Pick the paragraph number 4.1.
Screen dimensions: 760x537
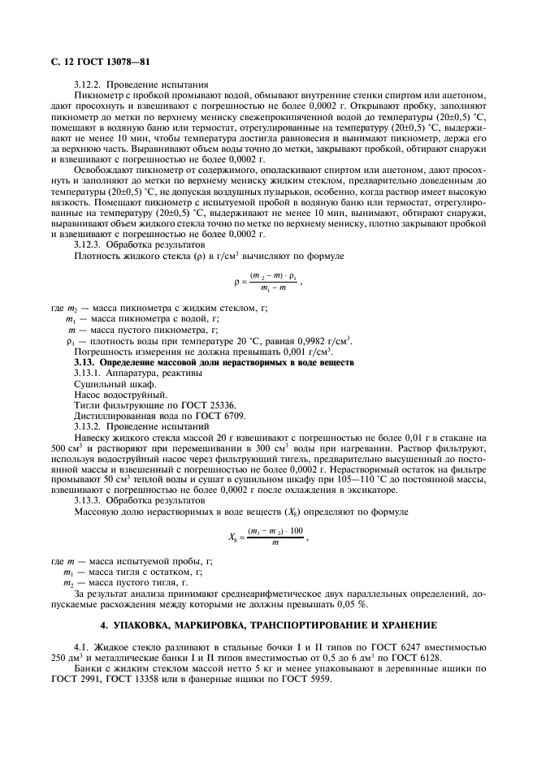coord(81,646)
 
